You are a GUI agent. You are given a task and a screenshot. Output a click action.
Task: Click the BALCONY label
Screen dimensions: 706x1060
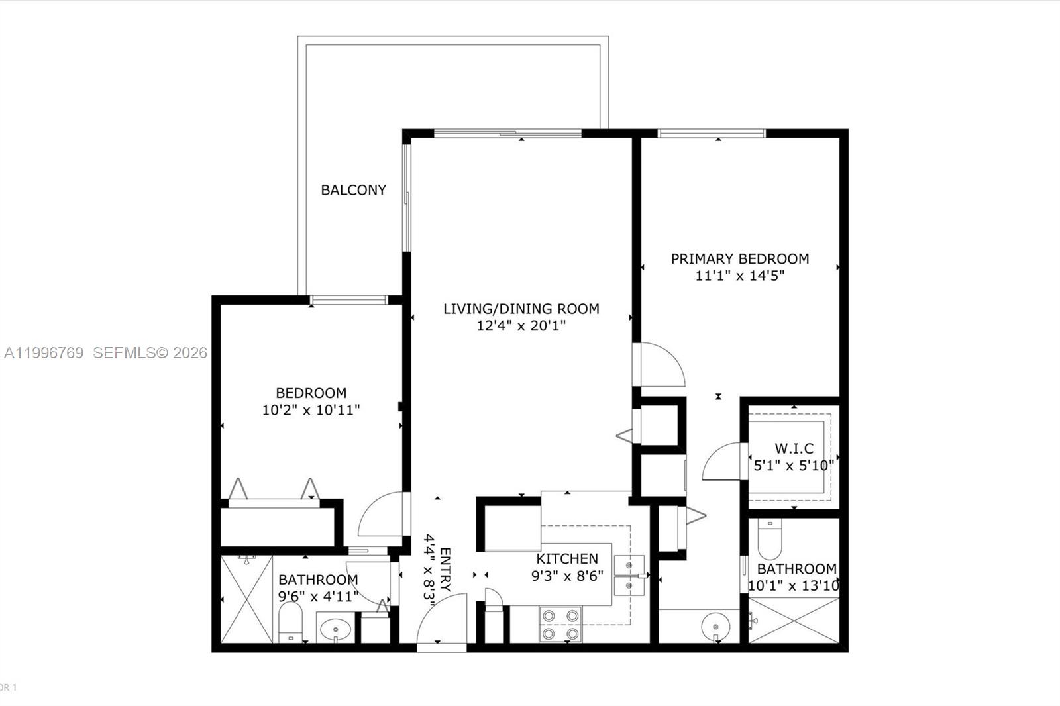click(353, 190)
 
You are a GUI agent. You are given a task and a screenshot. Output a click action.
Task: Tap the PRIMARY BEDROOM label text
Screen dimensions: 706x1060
click(739, 259)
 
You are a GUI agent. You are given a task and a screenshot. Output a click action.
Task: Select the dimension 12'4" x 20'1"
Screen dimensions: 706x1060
click(521, 326)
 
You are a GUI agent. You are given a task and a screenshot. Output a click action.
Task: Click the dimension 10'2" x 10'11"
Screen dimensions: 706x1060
click(311, 410)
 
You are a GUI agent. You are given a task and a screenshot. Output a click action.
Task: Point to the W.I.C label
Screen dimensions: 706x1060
click(794, 448)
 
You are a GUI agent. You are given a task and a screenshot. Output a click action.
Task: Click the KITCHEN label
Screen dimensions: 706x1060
click(567, 558)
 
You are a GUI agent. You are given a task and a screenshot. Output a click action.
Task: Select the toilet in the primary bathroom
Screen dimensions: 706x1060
click(769, 539)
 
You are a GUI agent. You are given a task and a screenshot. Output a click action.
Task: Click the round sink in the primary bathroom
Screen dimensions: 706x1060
click(715, 625)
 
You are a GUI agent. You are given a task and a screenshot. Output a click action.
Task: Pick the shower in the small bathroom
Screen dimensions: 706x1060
click(246, 599)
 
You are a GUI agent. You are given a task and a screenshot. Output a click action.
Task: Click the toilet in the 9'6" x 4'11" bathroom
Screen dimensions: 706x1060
click(290, 623)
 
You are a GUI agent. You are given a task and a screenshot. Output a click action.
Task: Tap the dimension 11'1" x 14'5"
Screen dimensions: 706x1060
click(739, 276)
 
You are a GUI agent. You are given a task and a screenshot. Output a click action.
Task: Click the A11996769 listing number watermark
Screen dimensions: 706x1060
click(44, 353)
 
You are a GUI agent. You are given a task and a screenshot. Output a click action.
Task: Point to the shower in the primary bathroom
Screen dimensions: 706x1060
click(794, 620)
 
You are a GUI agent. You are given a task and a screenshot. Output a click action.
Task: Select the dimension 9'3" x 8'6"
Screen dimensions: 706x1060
click(567, 576)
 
